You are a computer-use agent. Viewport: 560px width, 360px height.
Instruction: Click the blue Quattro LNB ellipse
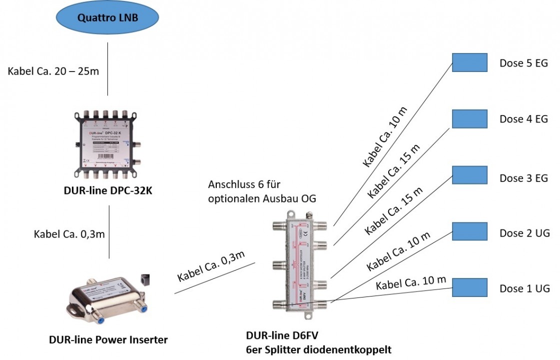[107, 18]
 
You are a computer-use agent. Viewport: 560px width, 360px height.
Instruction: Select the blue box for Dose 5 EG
[470, 62]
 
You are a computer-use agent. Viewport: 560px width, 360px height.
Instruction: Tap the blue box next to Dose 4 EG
[470, 118]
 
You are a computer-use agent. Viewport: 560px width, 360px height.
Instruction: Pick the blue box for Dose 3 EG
[470, 175]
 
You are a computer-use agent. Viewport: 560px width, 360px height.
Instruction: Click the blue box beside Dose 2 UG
[470, 232]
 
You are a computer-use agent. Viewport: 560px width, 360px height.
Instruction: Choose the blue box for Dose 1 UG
[470, 287]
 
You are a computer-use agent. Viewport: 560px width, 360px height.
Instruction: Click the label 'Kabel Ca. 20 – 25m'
[53, 71]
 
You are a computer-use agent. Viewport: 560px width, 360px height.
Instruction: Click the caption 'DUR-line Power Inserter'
[108, 340]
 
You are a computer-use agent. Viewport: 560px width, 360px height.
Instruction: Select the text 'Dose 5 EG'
[524, 63]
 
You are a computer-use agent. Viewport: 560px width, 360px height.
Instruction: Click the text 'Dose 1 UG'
[525, 288]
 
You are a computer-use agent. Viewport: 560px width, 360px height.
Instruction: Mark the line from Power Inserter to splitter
[215, 278]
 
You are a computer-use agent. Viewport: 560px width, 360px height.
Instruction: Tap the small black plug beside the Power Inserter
[146, 279]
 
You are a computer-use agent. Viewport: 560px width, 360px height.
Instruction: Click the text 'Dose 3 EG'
[524, 178]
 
